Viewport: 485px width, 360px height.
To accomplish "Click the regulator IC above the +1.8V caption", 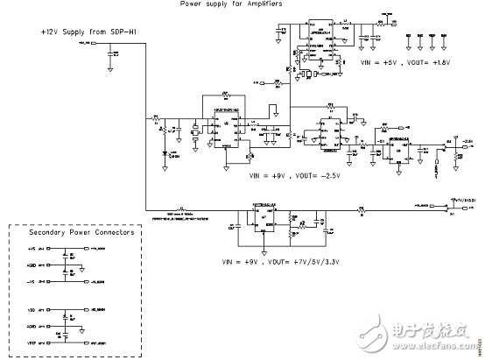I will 318,32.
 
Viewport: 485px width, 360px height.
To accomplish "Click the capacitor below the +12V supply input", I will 111,54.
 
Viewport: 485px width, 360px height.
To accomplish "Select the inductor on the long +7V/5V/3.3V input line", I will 181,208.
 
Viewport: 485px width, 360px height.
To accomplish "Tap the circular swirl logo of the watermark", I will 376,335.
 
